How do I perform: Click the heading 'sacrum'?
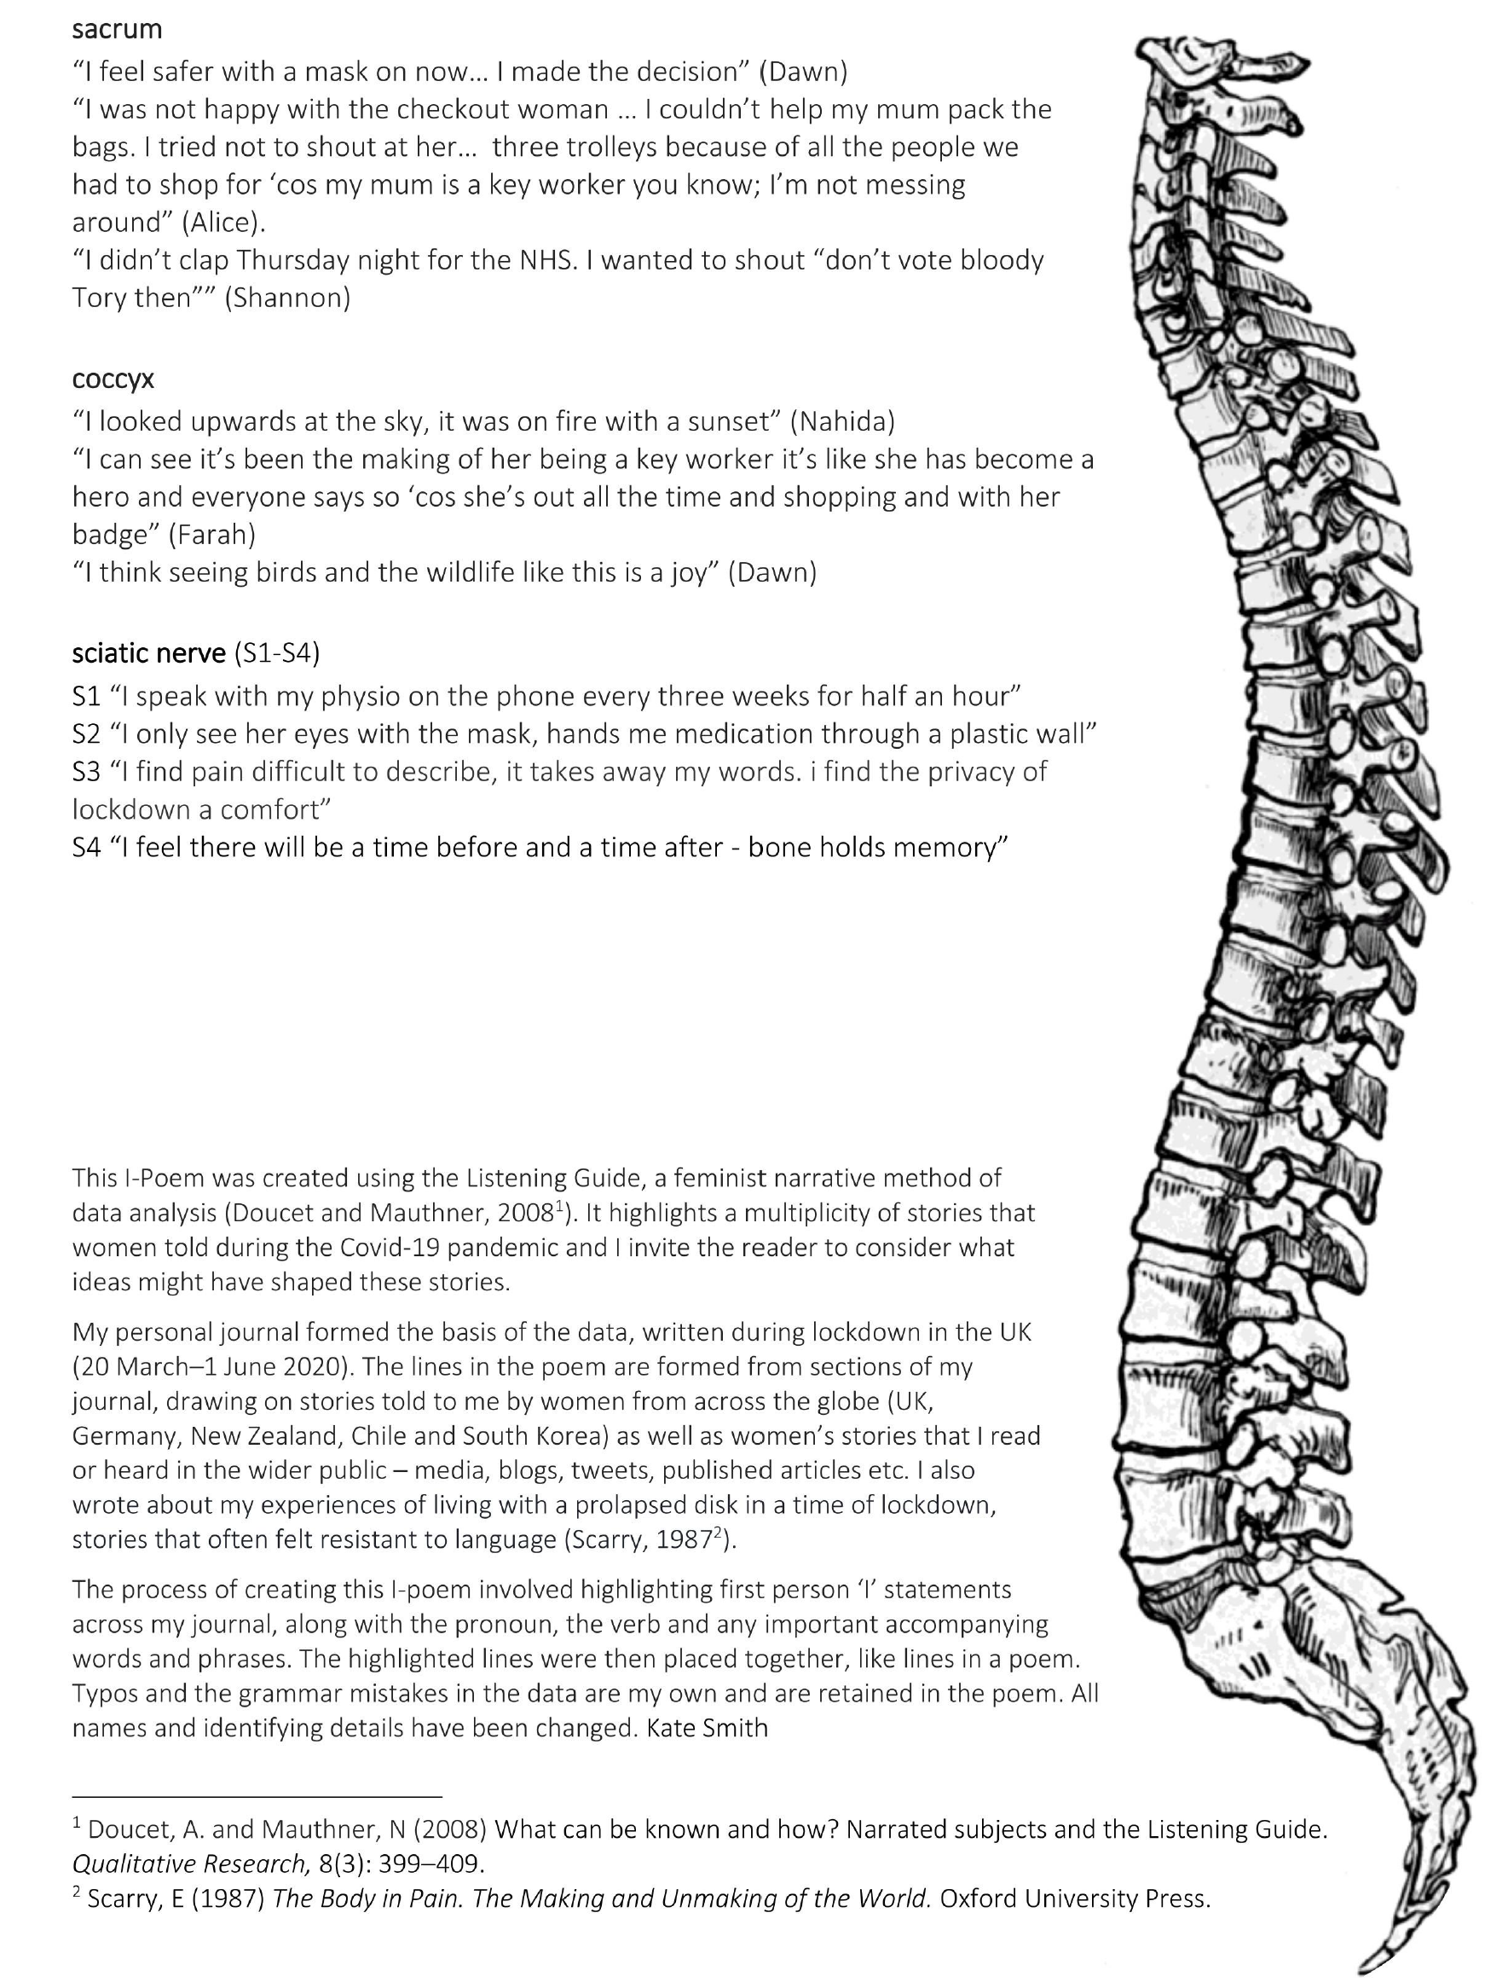[117, 30]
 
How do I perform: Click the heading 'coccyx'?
[113, 379]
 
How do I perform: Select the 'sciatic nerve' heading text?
[148, 653]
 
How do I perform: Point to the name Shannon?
[286, 298]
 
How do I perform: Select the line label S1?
[87, 696]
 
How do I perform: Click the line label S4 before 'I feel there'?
[87, 847]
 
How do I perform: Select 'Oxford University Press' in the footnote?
[1075, 1898]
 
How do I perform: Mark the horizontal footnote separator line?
[257, 1797]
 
